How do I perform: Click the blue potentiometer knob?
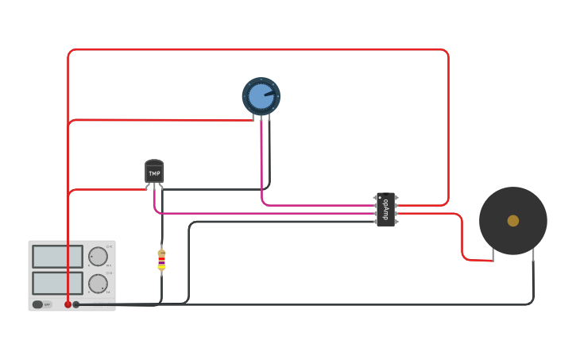coord(261,96)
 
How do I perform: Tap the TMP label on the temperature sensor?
coord(154,172)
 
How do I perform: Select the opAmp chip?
coord(385,209)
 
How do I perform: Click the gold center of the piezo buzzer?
coord(513,221)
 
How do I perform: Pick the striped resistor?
coord(161,260)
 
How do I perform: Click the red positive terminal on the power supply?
coord(68,304)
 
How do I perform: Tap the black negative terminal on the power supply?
coord(76,304)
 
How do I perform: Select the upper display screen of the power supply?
coord(57,256)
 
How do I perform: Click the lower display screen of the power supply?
coord(57,283)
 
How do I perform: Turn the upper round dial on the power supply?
coord(98,257)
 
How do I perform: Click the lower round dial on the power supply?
coord(98,284)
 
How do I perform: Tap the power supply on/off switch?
coord(38,304)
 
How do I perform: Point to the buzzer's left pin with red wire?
coord(493,255)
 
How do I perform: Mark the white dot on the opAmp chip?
coord(380,196)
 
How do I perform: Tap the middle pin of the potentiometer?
coord(261,118)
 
